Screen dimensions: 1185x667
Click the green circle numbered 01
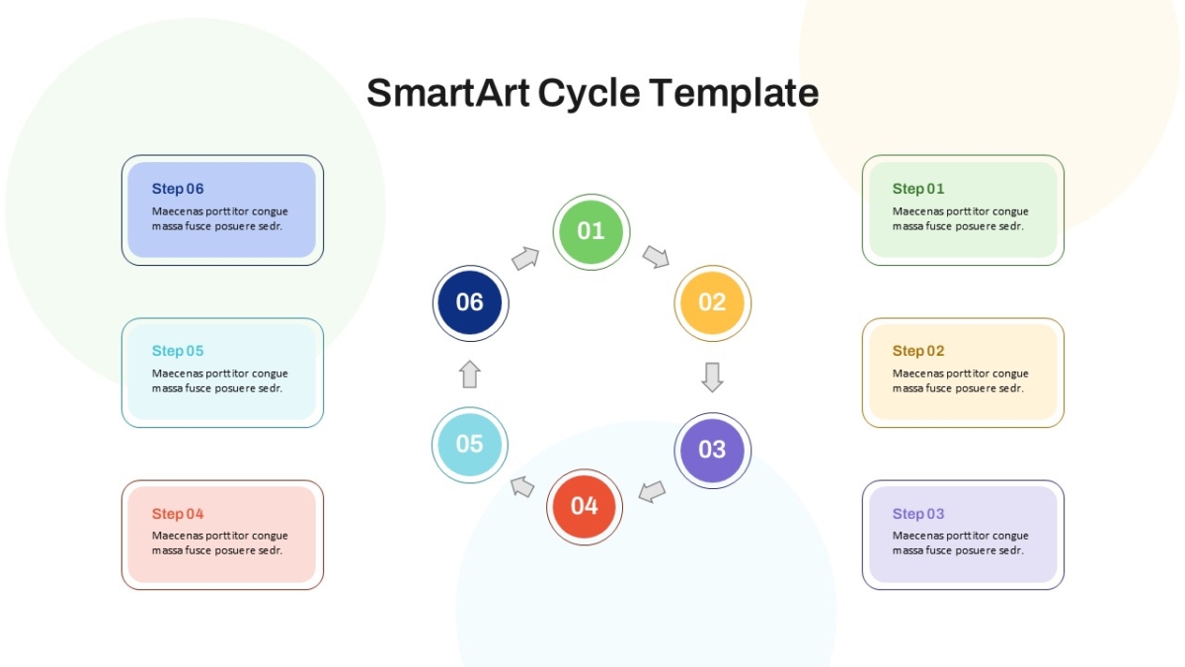coord(591,232)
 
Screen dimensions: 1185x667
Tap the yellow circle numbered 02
coord(712,303)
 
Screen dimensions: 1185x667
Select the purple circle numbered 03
coord(712,451)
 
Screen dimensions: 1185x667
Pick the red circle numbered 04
coord(584,507)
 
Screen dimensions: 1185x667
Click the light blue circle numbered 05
coord(470,445)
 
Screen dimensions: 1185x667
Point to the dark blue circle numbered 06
coord(470,303)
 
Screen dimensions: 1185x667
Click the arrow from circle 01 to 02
coord(656,257)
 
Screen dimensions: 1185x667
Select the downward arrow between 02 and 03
coord(712,377)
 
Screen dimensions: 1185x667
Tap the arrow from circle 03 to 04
coord(652,492)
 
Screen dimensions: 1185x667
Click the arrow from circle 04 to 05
coord(522,486)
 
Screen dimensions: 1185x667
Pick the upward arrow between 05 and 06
coord(470,375)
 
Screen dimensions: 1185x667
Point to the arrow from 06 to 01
coord(525,258)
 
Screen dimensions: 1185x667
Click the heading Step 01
coord(917,189)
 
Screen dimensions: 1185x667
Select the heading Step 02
coord(917,351)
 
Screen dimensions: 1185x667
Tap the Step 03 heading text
coord(917,514)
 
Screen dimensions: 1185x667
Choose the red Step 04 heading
coord(177,514)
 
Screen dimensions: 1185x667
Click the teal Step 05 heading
coord(177,351)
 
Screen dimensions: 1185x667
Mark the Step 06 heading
coord(177,189)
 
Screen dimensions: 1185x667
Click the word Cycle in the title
coord(590,94)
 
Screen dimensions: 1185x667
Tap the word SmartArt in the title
coord(448,93)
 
